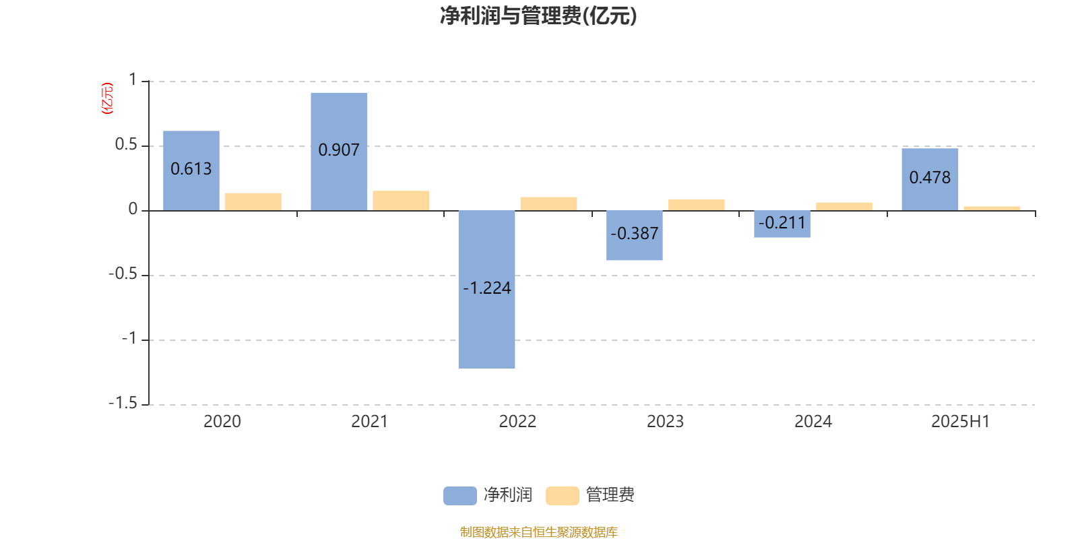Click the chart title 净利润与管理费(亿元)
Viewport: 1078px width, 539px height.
[538, 16]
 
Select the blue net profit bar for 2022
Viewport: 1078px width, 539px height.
[486, 289]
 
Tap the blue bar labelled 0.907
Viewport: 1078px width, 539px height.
[339, 152]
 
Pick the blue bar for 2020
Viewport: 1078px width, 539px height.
[191, 171]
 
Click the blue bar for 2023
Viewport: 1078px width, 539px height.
[634, 235]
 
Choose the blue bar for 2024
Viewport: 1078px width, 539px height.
[782, 224]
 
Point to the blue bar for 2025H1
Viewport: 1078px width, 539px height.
[930, 179]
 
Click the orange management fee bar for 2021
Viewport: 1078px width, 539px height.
[401, 201]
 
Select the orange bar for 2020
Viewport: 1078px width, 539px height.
[253, 202]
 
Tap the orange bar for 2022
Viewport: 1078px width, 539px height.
[548, 204]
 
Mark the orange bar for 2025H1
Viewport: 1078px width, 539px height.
[992, 208]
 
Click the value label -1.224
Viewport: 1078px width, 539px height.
[486, 288]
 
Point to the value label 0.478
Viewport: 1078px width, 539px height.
[930, 178]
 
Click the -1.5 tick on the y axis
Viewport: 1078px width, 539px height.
[123, 403]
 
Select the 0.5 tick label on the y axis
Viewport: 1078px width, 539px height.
[126, 144]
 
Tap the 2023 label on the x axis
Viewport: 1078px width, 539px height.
[665, 422]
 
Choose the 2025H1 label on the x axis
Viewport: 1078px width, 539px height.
[961, 422]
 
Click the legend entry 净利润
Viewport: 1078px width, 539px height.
[488, 495]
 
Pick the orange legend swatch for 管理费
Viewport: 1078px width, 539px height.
[562, 496]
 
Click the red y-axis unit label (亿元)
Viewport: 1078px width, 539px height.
[107, 98]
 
